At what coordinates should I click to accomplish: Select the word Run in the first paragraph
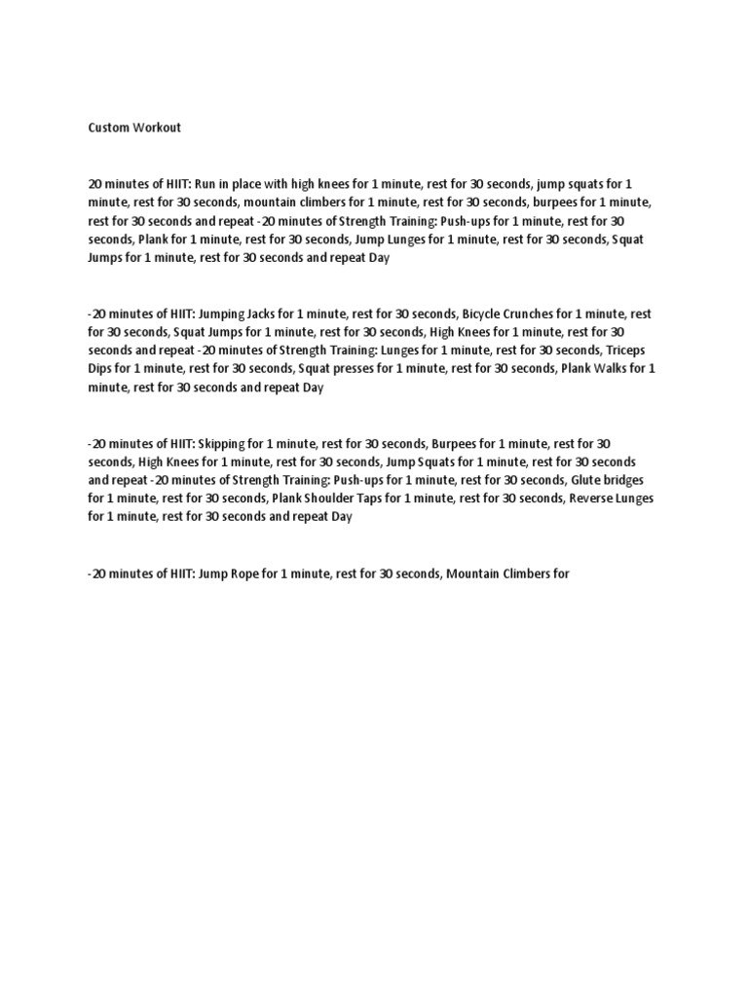[205, 184]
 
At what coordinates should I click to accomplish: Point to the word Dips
[100, 369]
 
